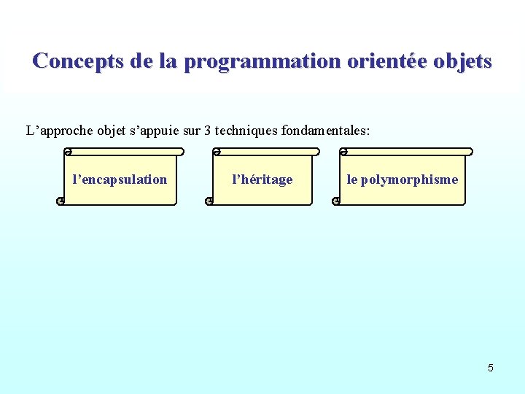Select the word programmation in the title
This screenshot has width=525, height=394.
[262, 61]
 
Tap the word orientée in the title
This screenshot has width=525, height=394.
[386, 61]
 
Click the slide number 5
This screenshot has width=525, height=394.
[490, 368]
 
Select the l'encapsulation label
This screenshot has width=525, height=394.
[120, 179]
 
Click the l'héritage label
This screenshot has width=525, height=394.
[262, 179]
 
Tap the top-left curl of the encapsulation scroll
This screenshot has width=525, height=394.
[67, 152]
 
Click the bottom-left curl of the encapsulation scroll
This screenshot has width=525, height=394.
[60, 201]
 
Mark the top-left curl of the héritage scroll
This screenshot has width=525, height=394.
[217, 152]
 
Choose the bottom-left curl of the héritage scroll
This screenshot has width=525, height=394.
[209, 201]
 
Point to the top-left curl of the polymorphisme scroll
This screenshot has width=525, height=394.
[343, 152]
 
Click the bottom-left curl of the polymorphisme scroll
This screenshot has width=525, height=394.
[336, 201]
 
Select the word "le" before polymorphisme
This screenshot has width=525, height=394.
[351, 179]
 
